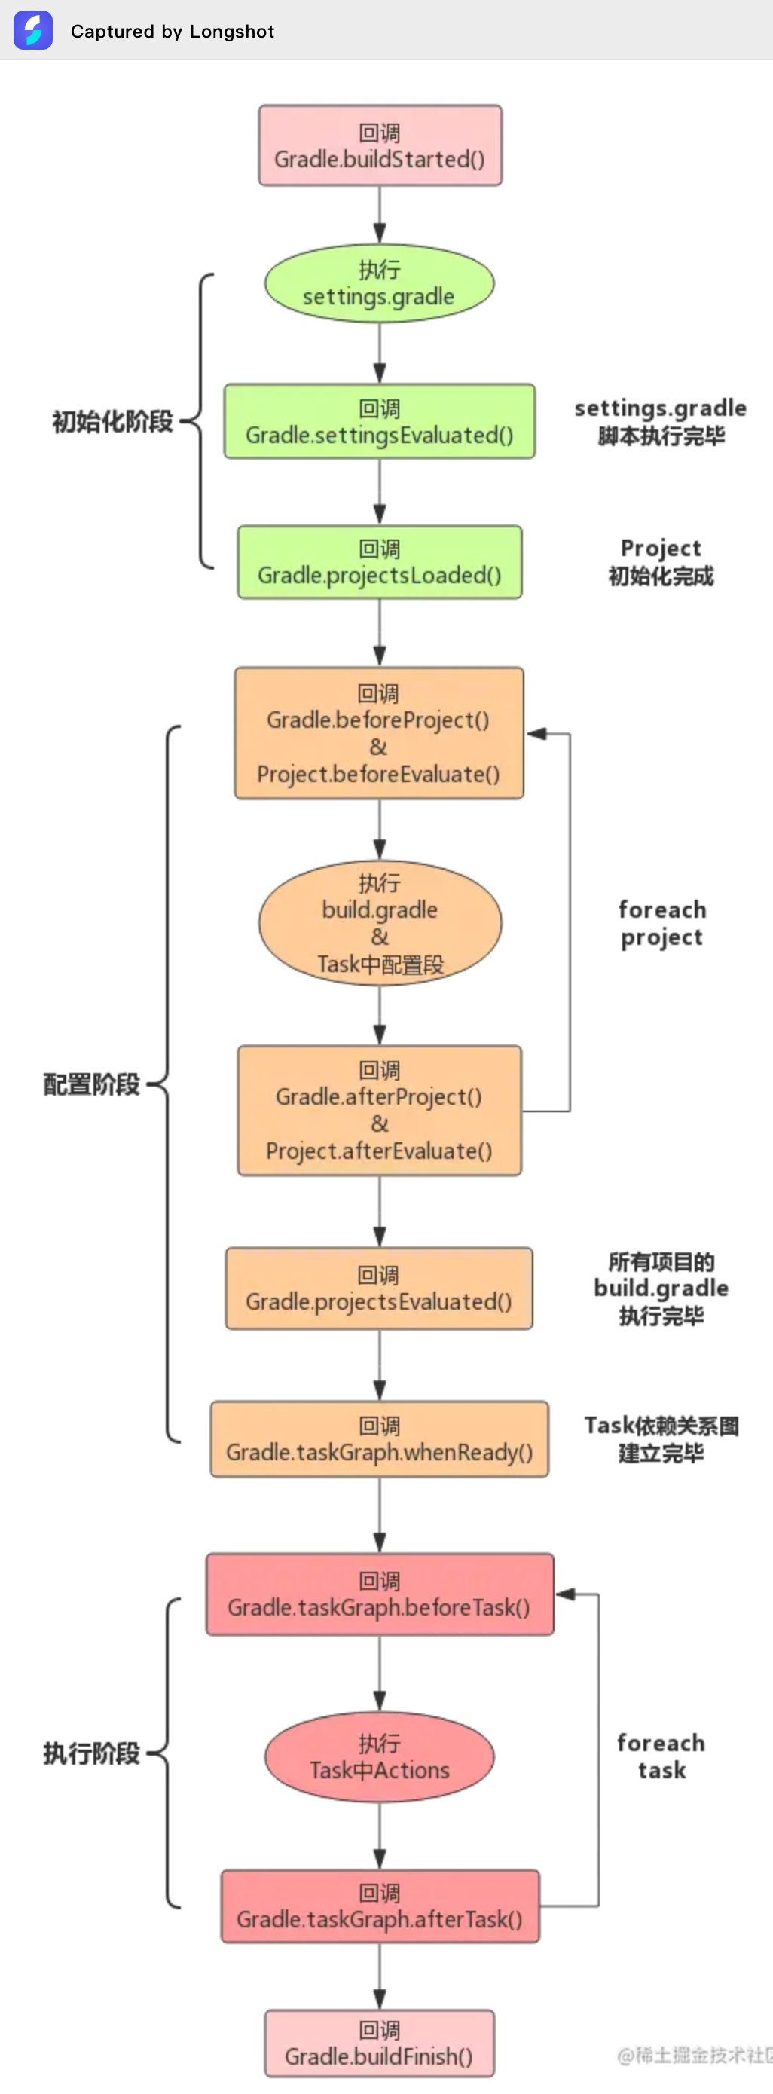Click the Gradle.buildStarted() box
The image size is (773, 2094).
[x=380, y=145]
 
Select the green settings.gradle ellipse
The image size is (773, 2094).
[x=379, y=283]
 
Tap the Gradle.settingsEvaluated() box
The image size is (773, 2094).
[x=379, y=422]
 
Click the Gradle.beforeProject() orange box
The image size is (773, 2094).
[x=379, y=733]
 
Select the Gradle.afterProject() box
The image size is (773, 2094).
[x=379, y=1111]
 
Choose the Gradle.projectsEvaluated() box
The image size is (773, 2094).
[x=379, y=1288]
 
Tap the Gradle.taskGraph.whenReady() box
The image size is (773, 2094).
[x=379, y=1438]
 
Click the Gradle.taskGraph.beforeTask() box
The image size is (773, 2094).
[x=379, y=1594]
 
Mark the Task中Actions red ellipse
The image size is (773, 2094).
[x=379, y=1756]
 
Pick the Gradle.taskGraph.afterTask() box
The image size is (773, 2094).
[x=380, y=1906]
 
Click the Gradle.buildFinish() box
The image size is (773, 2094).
[x=379, y=2044]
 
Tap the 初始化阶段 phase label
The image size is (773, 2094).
[x=112, y=422]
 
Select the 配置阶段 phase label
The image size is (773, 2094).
[x=91, y=1084]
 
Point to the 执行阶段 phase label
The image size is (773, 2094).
[x=91, y=1753]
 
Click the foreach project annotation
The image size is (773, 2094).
[x=661, y=924]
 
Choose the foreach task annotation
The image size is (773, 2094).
[x=661, y=1756]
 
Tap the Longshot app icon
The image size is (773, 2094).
[x=33, y=30]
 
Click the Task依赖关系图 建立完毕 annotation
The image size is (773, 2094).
[x=661, y=1438]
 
